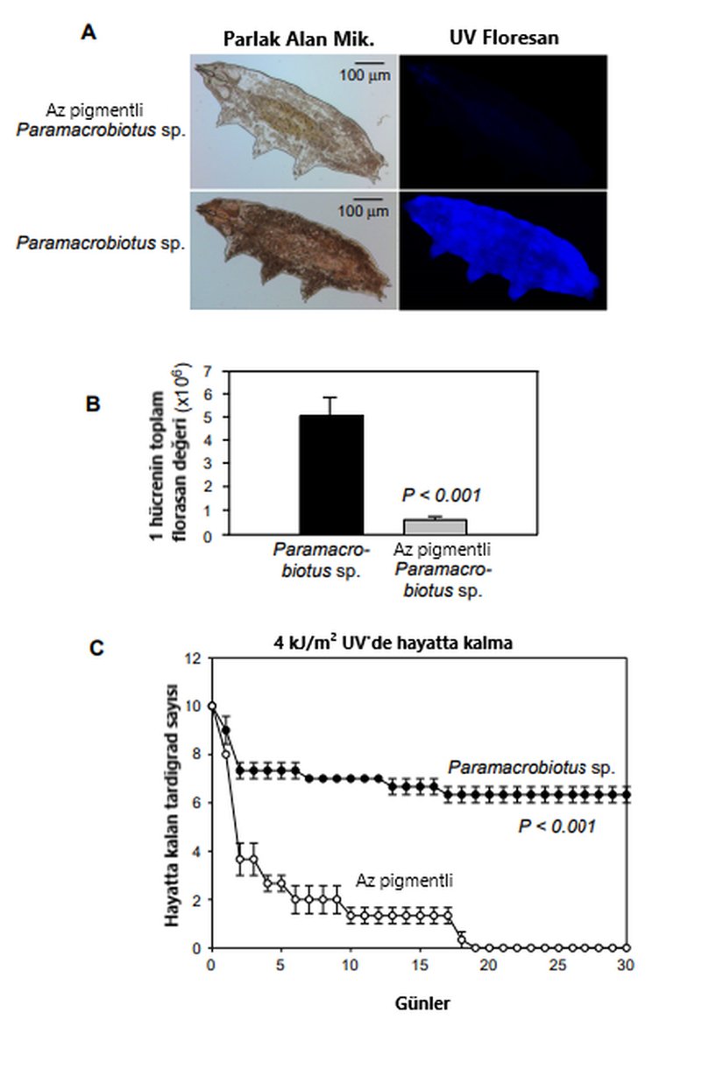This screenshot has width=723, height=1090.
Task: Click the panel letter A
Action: [89, 32]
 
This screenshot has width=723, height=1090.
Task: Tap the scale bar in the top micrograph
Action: [365, 62]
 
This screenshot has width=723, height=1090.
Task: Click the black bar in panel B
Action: [331, 474]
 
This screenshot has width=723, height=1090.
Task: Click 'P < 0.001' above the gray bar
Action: [442, 496]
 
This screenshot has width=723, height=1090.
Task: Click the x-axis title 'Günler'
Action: [421, 1003]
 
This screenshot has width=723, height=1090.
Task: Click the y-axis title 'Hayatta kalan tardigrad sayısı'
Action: [174, 803]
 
